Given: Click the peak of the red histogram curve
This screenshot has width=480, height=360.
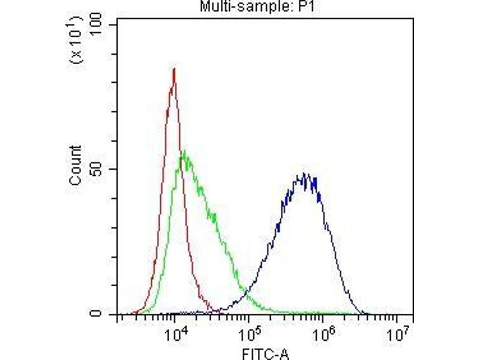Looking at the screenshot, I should (174, 69).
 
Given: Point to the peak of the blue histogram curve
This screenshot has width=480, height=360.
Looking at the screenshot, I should (305, 175).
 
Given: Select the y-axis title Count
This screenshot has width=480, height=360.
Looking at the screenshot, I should (76, 166).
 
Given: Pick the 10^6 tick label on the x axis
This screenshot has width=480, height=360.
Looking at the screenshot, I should (323, 333).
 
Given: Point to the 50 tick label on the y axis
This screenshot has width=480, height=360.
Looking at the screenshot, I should (101, 169).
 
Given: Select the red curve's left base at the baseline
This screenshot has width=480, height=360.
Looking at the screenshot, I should (137, 313).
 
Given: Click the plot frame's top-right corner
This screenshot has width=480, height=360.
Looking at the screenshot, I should (413, 19).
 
